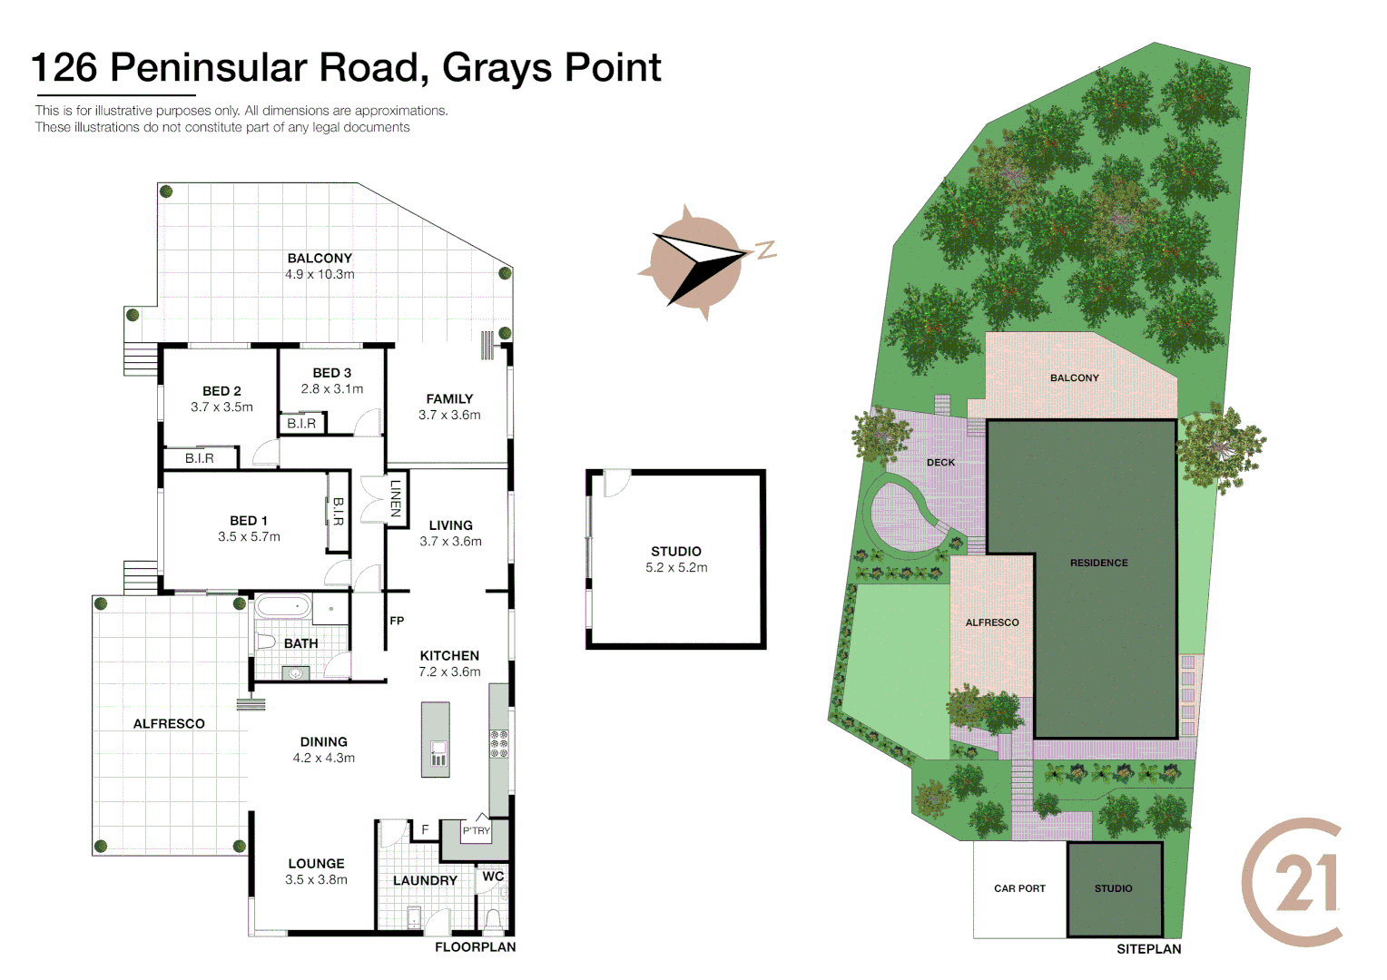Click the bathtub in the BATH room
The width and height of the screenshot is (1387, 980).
(x=282, y=606)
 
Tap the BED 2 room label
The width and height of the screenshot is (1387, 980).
(x=221, y=391)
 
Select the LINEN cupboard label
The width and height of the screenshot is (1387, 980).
(x=396, y=498)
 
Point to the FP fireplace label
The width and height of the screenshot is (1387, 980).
(x=397, y=621)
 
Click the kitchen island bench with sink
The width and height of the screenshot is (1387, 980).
(x=436, y=739)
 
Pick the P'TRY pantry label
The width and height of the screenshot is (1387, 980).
(x=476, y=830)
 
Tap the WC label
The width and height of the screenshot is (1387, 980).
(x=493, y=877)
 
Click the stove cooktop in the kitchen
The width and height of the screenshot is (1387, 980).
(x=499, y=742)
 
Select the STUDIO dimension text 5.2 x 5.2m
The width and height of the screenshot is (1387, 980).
(x=676, y=568)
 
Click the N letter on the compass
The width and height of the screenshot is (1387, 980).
(x=766, y=250)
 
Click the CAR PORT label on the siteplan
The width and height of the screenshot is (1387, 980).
(x=1019, y=888)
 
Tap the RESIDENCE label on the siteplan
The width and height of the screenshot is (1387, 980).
(x=1098, y=563)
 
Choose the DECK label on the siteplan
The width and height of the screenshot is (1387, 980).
(x=940, y=463)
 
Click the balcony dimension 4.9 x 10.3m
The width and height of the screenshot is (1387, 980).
(x=320, y=274)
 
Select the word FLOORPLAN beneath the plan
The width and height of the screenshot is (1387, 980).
(x=475, y=947)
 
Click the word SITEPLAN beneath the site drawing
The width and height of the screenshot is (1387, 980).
(x=1148, y=949)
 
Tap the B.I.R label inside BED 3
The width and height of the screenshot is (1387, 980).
(x=301, y=424)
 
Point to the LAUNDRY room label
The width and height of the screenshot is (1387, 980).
(x=425, y=881)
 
